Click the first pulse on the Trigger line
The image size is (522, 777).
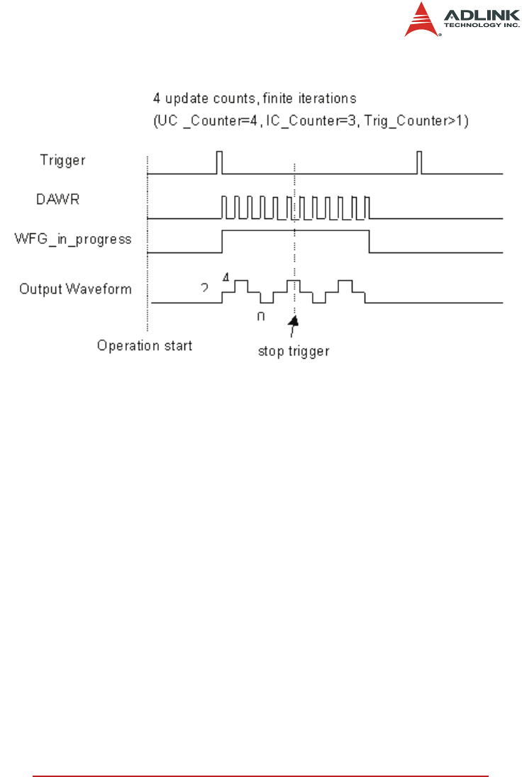(x=219, y=162)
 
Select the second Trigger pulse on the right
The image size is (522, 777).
(x=420, y=162)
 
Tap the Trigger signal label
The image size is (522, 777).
(x=62, y=160)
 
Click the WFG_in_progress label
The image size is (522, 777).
(x=74, y=239)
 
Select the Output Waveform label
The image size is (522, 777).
(x=75, y=289)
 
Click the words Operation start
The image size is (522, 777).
(x=145, y=346)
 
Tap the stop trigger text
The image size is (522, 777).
(x=293, y=351)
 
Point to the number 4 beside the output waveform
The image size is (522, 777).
(x=226, y=277)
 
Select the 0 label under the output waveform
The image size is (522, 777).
(x=260, y=316)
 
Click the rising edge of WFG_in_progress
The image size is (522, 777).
(x=222, y=241)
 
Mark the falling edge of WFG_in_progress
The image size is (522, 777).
(x=369, y=241)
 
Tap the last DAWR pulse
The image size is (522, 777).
(x=367, y=207)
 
